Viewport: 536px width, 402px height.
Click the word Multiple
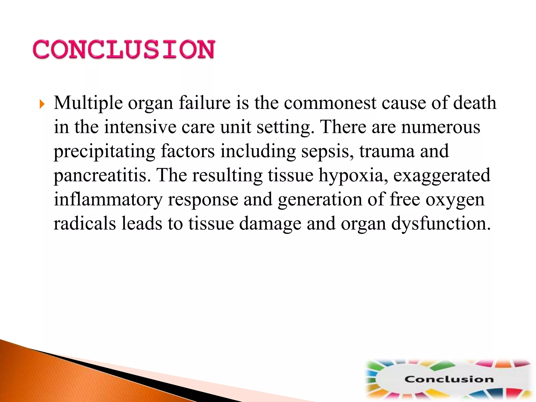click(88, 103)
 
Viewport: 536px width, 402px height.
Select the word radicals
click(85, 224)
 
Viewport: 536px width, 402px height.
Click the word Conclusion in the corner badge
click(449, 379)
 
